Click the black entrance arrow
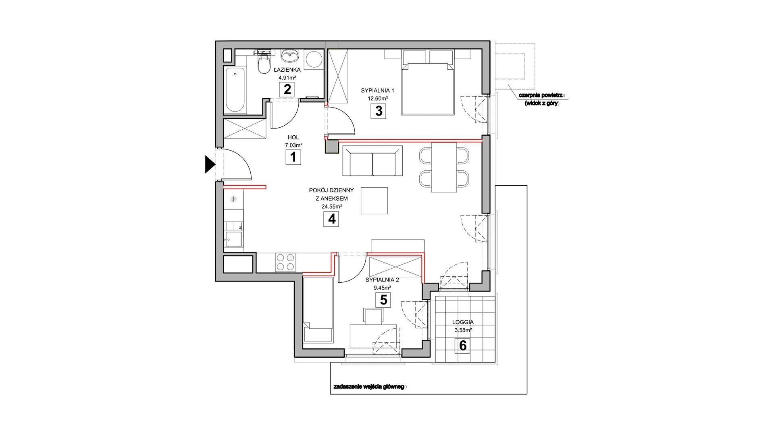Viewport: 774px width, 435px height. tap(210, 164)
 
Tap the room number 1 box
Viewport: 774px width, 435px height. tap(293, 157)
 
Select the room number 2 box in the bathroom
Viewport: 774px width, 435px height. tap(287, 89)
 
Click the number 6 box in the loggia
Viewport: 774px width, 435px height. tap(463, 346)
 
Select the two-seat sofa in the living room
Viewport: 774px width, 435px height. tap(372, 161)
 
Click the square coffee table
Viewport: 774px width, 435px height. tap(375, 201)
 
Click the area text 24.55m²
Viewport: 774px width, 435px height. tap(331, 207)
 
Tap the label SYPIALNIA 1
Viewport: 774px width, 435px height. tap(375, 91)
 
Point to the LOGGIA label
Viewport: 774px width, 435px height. tap(463, 322)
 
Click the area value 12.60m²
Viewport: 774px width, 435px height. tap(377, 98)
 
